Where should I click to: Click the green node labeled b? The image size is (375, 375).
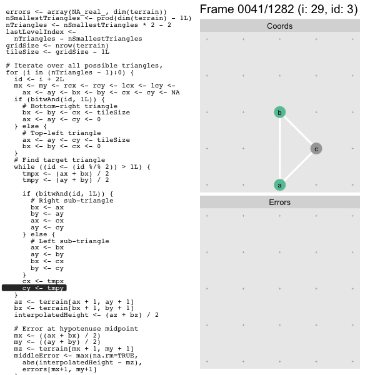click(279, 112)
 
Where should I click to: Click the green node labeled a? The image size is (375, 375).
click(279, 185)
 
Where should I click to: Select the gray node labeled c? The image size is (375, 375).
click(316, 149)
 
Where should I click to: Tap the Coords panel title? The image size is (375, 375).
click(279, 26)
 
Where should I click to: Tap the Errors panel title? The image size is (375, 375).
click(279, 202)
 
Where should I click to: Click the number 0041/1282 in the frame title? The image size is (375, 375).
click(266, 9)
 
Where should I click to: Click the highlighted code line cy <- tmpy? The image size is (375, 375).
click(34, 288)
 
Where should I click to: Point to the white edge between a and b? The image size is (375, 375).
click(279, 149)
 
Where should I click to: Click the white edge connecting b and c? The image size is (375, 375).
click(298, 131)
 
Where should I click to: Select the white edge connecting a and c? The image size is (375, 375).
click(298, 167)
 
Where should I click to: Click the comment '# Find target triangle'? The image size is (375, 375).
click(59, 160)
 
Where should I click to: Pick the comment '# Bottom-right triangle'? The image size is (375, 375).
click(70, 106)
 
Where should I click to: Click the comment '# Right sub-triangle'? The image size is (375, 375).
click(72, 201)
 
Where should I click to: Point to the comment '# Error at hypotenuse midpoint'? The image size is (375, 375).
click(76, 329)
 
